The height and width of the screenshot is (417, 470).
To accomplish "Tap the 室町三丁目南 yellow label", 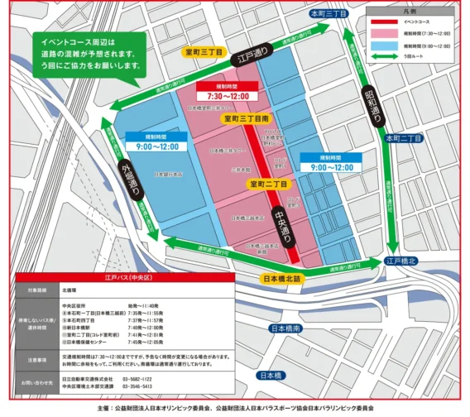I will [252, 119].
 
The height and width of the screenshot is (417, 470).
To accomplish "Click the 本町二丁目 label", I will [404, 139].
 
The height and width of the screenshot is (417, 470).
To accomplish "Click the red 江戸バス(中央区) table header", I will [123, 280].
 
